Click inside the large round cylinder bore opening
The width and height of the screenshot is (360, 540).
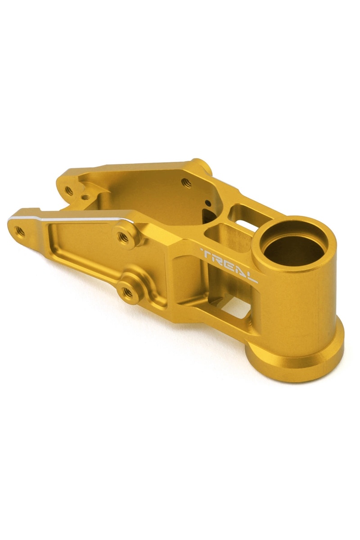click(292, 245)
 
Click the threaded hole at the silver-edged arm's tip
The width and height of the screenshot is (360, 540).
click(20, 231)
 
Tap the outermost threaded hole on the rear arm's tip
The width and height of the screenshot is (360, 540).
click(69, 190)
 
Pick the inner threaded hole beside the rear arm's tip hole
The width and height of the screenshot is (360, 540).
click(85, 196)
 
